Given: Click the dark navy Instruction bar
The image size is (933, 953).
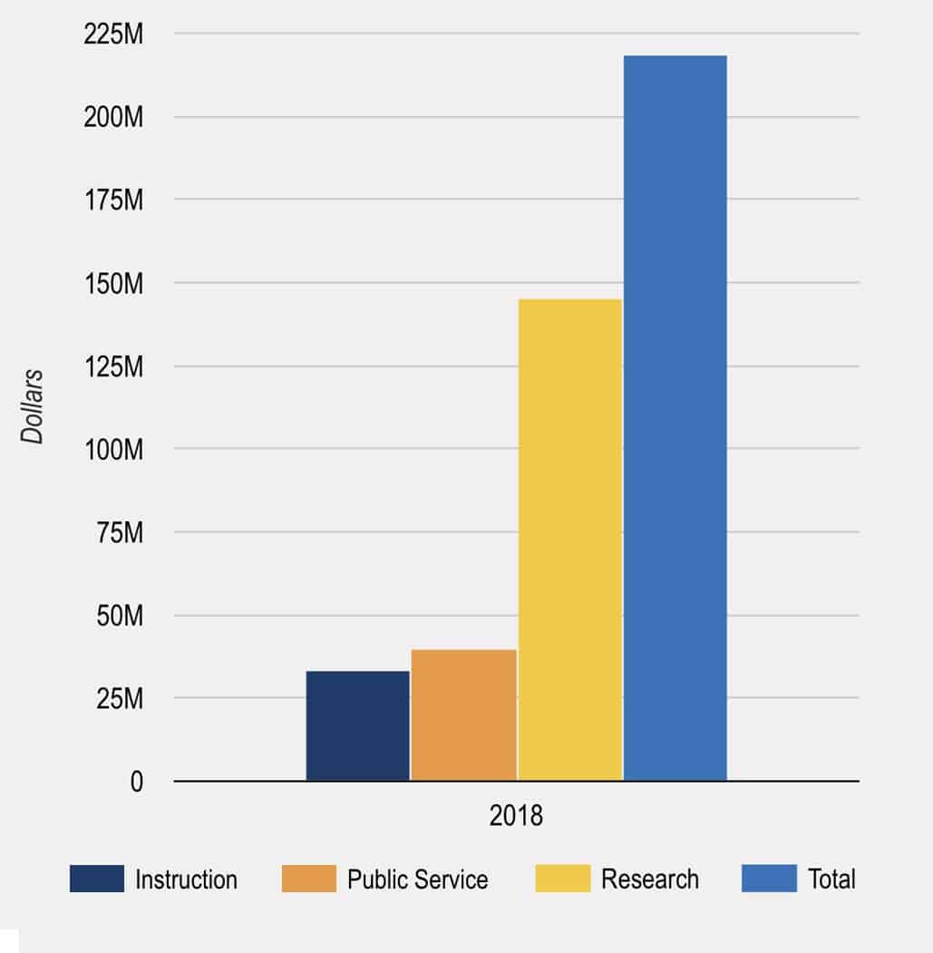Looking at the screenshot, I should (x=357, y=725).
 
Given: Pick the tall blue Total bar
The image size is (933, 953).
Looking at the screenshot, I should (x=675, y=417).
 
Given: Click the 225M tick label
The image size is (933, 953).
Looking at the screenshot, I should (x=112, y=34).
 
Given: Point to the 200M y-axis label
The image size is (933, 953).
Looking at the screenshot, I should (x=112, y=118).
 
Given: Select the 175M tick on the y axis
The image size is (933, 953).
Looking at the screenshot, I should (x=112, y=200).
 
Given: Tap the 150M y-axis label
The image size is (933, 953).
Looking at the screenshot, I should (x=112, y=284).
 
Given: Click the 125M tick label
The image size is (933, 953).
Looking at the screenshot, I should (x=112, y=367).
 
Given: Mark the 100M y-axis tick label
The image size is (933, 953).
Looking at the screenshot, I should (x=112, y=450).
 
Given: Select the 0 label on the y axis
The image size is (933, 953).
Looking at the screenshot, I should (x=137, y=782).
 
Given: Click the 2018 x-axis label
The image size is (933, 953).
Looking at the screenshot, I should (x=516, y=815).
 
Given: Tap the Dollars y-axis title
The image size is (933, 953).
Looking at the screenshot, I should (x=33, y=406).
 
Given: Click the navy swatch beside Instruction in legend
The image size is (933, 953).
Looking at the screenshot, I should (x=96, y=879).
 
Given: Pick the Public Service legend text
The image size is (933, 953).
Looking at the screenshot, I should (x=417, y=880).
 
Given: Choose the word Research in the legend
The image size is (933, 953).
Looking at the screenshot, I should (x=650, y=879).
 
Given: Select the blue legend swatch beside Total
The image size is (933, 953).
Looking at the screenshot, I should (x=769, y=879).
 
